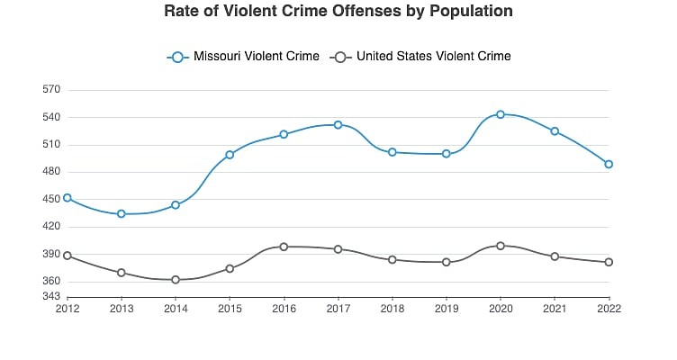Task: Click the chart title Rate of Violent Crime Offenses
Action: tap(338, 12)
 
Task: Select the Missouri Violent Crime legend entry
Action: tap(243, 57)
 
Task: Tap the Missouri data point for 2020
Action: tap(501, 114)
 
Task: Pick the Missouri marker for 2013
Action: tap(122, 213)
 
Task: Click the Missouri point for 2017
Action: tap(338, 125)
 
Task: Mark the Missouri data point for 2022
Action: tap(609, 164)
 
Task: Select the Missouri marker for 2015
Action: tap(230, 155)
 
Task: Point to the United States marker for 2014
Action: tap(176, 280)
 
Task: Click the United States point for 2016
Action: tap(284, 247)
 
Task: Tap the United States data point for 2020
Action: tap(501, 246)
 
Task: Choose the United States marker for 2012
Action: tap(68, 256)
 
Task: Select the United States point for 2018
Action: tap(392, 259)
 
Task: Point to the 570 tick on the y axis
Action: tap(50, 90)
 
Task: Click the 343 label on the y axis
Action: tap(50, 296)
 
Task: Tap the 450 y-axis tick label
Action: tap(50, 200)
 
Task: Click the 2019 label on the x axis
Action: tap(446, 308)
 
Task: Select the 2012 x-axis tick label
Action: tap(68, 308)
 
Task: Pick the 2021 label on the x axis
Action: tap(555, 308)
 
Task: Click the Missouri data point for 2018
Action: tap(392, 152)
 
